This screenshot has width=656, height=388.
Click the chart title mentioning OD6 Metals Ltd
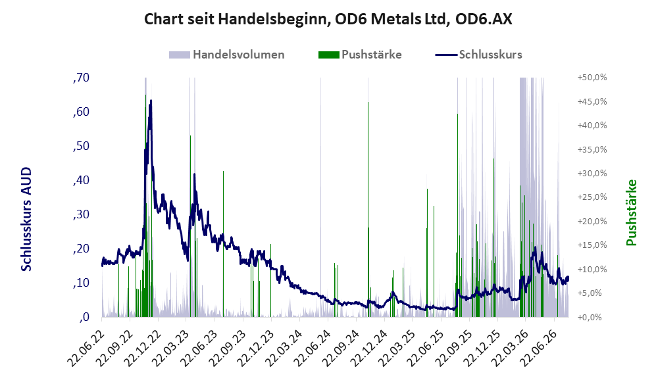pyautogui.click(x=328, y=19)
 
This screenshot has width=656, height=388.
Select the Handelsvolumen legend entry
pyautogui.click(x=227, y=55)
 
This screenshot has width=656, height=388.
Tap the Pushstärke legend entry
pyautogui.click(x=360, y=55)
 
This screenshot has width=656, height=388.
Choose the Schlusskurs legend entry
pyautogui.click(x=478, y=55)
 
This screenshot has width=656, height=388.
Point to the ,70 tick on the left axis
pyautogui.click(x=81, y=78)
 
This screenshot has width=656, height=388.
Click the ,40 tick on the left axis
pyautogui.click(x=81, y=181)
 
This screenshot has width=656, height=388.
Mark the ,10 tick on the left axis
pyautogui.click(x=81, y=283)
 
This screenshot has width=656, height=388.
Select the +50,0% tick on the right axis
pyautogui.click(x=592, y=78)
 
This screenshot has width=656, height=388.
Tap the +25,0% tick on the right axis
pyautogui.click(x=592, y=197)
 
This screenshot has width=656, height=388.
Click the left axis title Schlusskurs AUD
pyautogui.click(x=26, y=219)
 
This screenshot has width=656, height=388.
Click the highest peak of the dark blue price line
pyautogui.click(x=151, y=101)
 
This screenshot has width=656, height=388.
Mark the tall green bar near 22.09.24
pyautogui.click(x=368, y=210)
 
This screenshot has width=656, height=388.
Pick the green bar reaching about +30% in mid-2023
pyautogui.click(x=224, y=244)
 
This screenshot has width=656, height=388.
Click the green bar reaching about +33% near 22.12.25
pyautogui.click(x=493, y=238)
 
